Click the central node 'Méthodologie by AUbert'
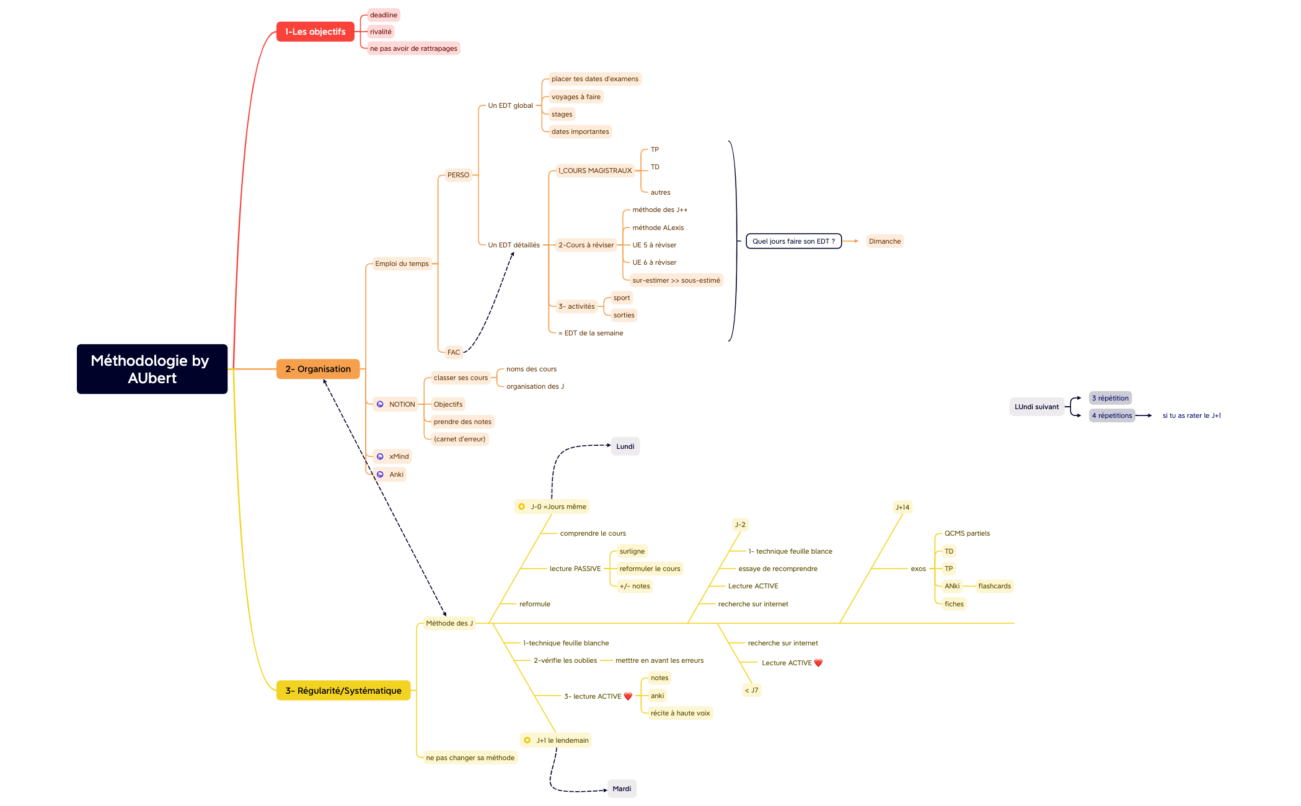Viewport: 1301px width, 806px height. pos(152,369)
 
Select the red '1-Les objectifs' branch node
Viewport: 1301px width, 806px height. pos(315,32)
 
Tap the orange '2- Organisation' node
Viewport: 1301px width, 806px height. pos(317,369)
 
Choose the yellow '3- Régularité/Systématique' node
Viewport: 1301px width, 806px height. pos(343,691)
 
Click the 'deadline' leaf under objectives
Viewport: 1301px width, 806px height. pos(383,15)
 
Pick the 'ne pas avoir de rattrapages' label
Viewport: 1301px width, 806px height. pos(413,48)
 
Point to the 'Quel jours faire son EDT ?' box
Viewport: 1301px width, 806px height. pos(793,241)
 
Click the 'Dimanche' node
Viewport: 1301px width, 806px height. pos(884,241)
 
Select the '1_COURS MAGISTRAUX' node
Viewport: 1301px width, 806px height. pos(594,170)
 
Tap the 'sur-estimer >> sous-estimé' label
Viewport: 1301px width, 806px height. pos(676,280)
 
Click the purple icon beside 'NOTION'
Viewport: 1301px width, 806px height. pos(381,404)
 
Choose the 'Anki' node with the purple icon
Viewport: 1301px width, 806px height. pos(396,474)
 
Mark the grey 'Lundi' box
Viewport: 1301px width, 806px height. pos(625,446)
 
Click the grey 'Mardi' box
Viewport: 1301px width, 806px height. pos(622,789)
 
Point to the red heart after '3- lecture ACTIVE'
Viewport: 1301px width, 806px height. pos(628,696)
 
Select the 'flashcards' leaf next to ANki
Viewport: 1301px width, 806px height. pos(994,586)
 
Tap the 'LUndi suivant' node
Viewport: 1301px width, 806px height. pos(1036,407)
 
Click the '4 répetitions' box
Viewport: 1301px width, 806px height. pos(1111,415)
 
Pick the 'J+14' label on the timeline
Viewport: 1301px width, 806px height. pos(902,507)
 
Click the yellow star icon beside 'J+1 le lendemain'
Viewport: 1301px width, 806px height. pos(527,740)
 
